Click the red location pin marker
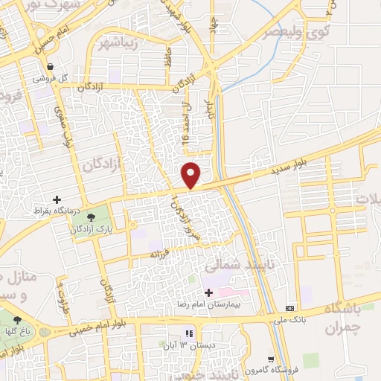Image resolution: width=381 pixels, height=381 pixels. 191,174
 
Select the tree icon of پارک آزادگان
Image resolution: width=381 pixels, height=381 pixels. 92,217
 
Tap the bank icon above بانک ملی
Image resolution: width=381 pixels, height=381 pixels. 289,308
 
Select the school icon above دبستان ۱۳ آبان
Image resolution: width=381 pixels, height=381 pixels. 189,333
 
